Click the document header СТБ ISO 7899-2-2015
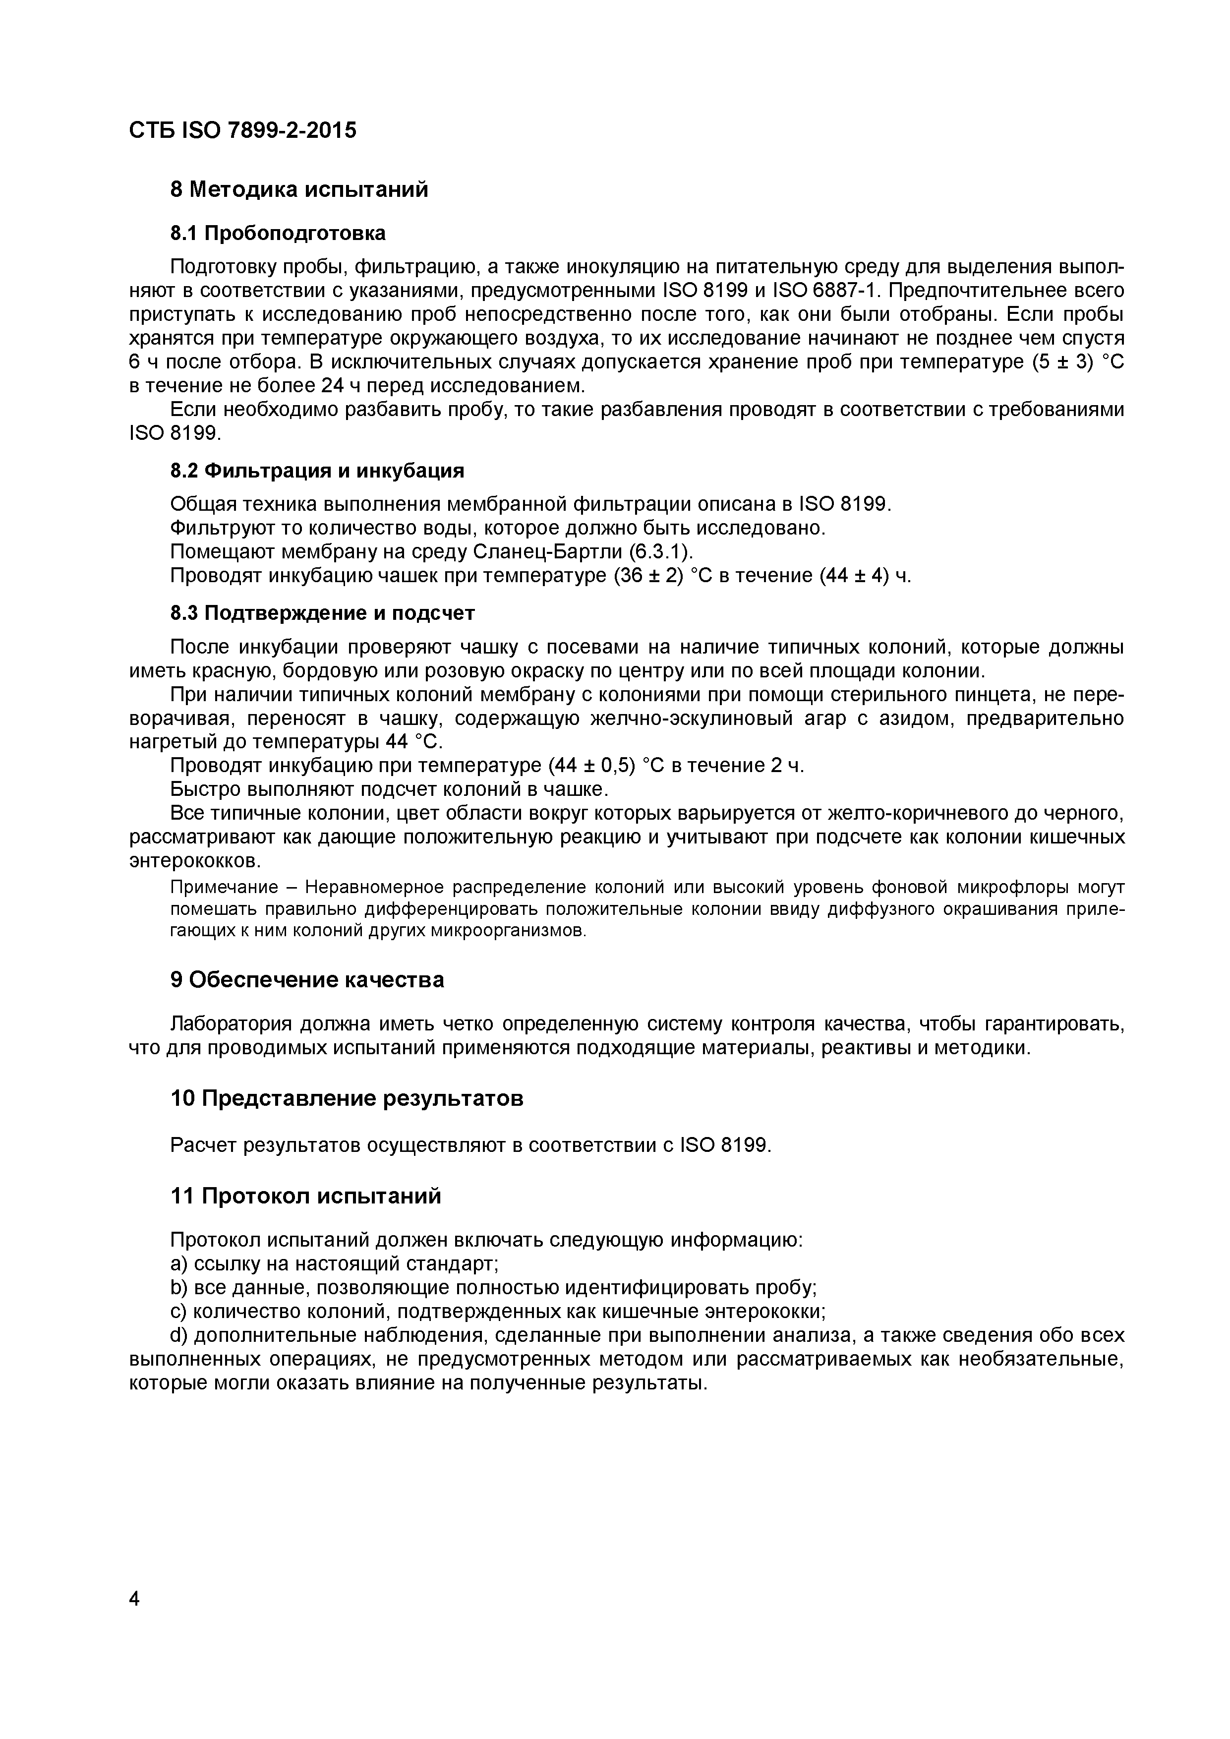(x=242, y=131)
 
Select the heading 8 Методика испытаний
(x=299, y=189)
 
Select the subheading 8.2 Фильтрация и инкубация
(x=317, y=471)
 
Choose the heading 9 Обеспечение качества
(x=307, y=980)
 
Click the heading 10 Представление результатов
(x=347, y=1098)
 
